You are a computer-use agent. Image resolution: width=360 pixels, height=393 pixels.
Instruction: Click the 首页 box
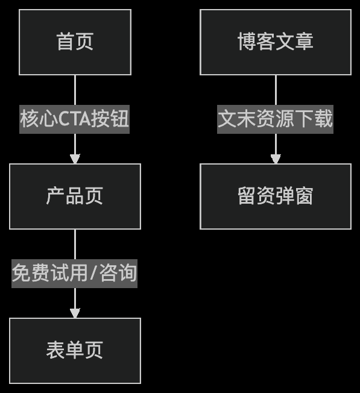75,42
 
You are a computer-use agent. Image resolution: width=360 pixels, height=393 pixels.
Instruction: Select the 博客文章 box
276,42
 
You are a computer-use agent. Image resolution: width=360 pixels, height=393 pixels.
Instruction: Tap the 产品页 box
75,196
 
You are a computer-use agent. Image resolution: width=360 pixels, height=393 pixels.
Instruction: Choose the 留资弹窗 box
276,196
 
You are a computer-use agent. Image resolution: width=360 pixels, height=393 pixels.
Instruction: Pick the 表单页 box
75,351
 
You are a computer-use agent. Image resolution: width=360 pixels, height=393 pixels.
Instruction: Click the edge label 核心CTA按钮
74,119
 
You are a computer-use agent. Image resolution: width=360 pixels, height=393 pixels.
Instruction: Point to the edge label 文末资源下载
275,119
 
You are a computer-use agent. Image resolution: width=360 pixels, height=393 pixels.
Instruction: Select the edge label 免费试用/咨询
74,274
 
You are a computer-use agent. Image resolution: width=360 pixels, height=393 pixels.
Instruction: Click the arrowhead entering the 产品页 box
75,159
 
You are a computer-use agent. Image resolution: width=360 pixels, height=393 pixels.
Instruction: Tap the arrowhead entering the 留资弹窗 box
276,159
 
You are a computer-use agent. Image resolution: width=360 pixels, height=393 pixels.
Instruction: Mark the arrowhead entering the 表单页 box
75,313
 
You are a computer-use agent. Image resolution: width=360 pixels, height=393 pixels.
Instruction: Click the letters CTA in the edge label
74,119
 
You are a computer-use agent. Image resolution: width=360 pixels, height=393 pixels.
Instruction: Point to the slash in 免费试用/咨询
93,273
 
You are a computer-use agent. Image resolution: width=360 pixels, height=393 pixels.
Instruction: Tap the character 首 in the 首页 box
66,42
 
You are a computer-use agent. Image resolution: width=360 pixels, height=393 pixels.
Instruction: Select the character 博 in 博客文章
247,42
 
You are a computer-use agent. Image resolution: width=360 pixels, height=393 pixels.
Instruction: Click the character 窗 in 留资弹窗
304,196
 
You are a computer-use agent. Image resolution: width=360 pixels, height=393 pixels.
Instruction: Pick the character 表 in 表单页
55,350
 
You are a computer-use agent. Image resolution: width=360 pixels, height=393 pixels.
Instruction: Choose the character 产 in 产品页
55,196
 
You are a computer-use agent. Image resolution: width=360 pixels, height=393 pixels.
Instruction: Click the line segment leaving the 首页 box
75,90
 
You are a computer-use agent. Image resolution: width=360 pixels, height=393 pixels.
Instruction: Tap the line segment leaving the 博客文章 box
276,90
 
